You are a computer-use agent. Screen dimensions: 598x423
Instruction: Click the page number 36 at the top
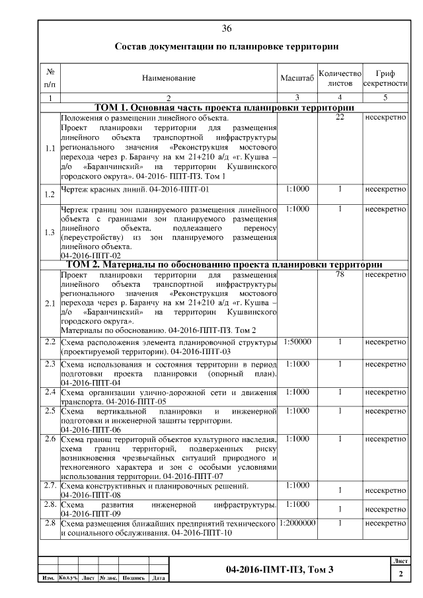pos(227,28)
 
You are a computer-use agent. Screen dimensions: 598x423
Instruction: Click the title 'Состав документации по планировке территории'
pos(227,47)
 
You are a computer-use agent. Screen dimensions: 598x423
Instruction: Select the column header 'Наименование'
pos(169,79)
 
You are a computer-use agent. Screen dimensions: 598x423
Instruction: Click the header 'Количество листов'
pos(339,79)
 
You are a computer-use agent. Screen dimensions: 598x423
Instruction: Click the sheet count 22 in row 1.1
pos(340,118)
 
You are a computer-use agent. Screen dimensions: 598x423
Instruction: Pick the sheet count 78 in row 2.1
pos(340,275)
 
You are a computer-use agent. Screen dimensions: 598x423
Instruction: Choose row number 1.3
pos(49,232)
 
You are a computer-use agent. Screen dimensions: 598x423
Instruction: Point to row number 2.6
pos(49,439)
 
